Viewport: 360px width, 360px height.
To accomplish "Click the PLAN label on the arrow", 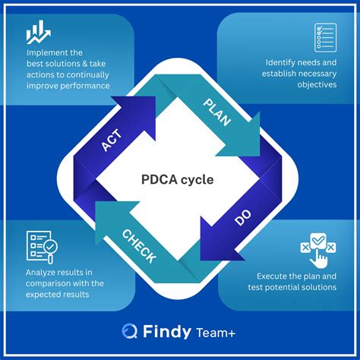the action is click(217, 112).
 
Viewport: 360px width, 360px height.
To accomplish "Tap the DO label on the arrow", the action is click(243, 217).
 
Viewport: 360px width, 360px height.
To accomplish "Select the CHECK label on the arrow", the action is click(139, 247).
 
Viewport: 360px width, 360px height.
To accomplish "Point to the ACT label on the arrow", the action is click(112, 140).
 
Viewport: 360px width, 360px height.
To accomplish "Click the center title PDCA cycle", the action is click(178, 179).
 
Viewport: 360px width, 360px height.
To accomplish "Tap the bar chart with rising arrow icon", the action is click(39, 32).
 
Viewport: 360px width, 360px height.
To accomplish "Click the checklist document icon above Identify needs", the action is click(325, 38).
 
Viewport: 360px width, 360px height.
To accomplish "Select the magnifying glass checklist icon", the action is click(42, 247).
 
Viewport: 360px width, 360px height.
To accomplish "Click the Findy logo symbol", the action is click(130, 330).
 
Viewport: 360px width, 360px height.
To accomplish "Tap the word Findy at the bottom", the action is click(167, 331).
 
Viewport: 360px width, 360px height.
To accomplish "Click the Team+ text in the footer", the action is click(216, 333).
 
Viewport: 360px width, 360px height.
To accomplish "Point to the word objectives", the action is click(317, 84).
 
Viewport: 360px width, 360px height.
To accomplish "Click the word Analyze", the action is click(40, 273).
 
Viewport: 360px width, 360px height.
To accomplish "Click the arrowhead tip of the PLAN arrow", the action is click(260, 156).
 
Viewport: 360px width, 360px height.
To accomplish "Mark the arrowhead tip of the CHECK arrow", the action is click(96, 202).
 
